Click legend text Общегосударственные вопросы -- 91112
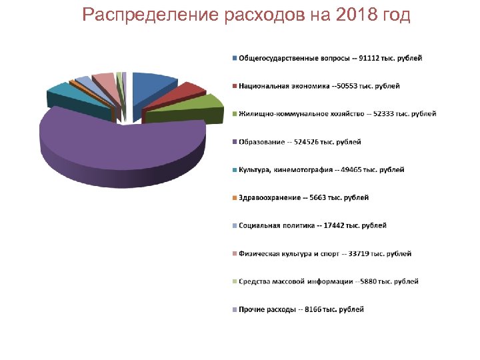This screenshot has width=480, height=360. pyautogui.click(x=330, y=58)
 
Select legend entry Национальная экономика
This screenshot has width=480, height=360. pyautogui.click(x=319, y=86)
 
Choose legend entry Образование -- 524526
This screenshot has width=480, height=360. pyautogui.click(x=300, y=142)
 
